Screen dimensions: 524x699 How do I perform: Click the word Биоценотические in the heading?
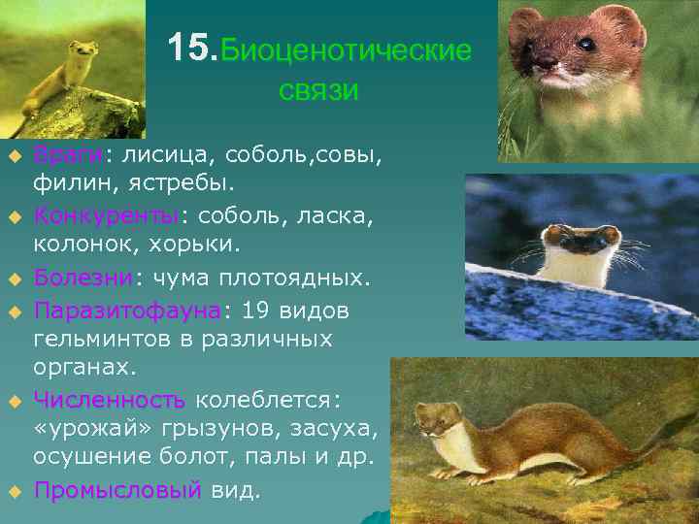tap(347, 50)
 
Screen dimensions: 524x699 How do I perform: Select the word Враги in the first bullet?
tap(69, 154)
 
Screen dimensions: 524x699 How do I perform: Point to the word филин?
tap(67, 181)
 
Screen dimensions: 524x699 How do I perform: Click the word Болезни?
tap(83, 278)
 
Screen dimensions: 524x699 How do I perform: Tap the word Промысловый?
tap(116, 490)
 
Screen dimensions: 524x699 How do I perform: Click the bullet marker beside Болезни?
tap(14, 280)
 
